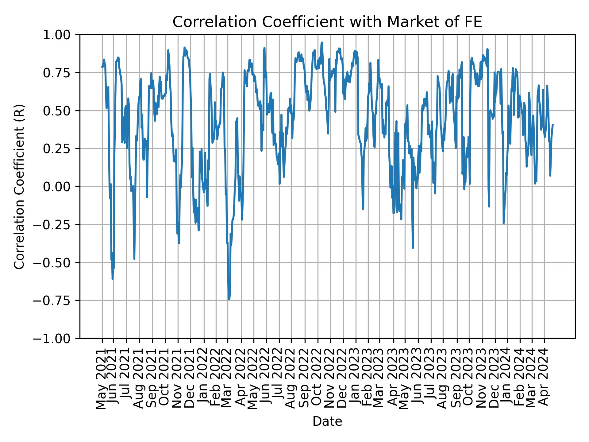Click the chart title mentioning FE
327,22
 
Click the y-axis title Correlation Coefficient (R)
19,186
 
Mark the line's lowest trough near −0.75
229,299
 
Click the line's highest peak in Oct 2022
322,43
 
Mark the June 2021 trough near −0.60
113,278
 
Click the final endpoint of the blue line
553,125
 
